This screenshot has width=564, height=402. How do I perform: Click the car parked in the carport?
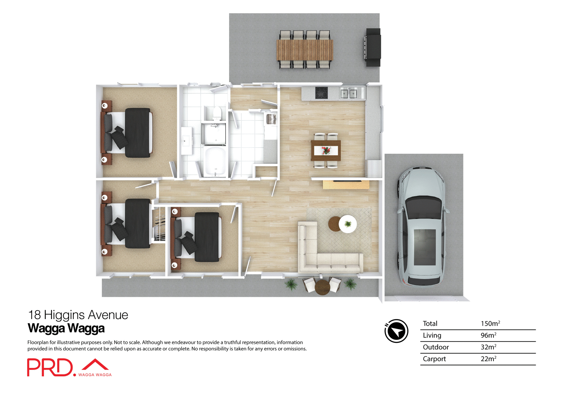point(422,227)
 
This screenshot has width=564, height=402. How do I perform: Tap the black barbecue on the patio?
point(373,47)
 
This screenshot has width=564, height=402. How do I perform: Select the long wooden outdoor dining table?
point(305,50)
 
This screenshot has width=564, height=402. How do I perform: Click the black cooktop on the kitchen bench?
point(321,93)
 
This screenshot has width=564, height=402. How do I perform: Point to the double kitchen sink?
point(349,94)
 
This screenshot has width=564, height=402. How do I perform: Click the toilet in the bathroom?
point(217,113)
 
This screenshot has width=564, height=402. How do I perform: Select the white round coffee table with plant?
point(348,224)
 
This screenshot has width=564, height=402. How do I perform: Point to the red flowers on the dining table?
point(326,150)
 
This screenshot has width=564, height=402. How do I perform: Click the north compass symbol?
point(396,331)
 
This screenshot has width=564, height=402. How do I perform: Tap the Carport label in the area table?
point(434,359)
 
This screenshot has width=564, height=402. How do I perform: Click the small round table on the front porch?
point(322,287)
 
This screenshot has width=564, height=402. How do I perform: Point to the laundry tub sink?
point(271,119)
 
